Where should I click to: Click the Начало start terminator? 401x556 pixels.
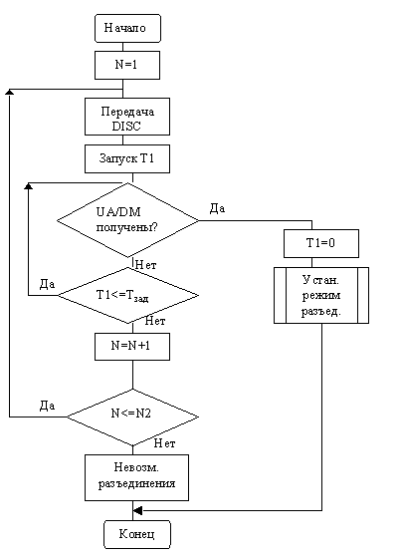(127, 28)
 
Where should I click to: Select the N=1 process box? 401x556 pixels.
(127, 65)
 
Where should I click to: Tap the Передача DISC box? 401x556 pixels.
(127, 117)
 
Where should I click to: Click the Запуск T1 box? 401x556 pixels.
(127, 158)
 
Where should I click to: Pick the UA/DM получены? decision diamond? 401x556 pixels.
(128, 220)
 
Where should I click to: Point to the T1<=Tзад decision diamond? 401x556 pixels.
(128, 295)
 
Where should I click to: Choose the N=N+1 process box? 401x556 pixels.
(132, 347)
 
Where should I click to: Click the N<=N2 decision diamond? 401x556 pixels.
(133, 417)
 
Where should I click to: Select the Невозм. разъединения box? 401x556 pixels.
(136, 477)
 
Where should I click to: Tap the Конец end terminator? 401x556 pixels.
(137, 534)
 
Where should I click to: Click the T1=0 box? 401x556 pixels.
(321, 243)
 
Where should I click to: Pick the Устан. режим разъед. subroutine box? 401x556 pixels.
(321, 295)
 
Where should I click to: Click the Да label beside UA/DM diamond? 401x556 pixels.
(217, 208)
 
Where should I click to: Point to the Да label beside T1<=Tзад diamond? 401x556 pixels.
(47, 284)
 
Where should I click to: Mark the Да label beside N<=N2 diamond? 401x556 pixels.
(47, 406)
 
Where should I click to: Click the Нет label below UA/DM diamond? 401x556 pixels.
(146, 265)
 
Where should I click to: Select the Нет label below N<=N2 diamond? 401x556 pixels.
(165, 443)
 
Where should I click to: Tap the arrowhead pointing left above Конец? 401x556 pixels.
(137, 510)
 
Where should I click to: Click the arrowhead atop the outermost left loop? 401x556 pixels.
(9, 92)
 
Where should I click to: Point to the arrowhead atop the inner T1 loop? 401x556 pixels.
(28, 185)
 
